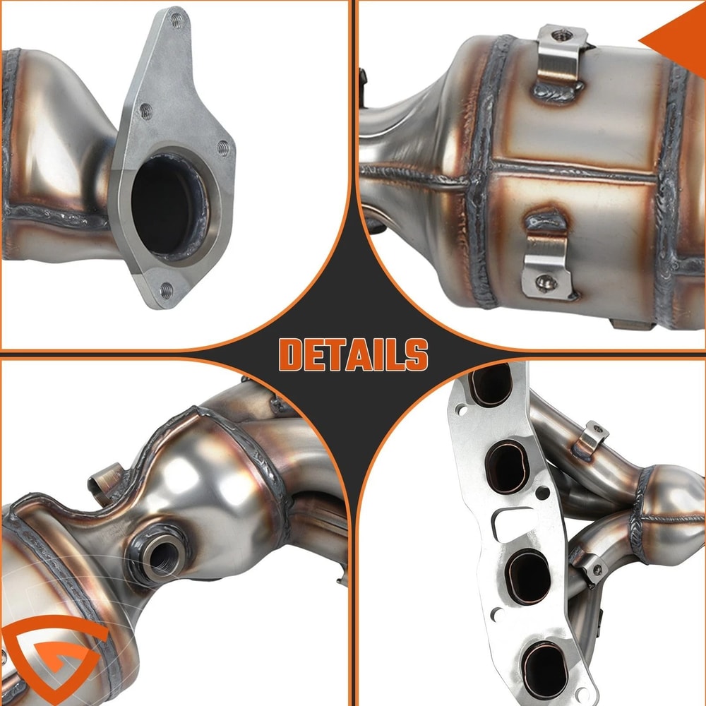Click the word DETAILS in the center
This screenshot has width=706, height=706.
[353, 354]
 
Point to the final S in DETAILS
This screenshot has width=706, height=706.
[417, 354]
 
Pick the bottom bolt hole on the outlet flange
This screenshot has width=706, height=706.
[166, 289]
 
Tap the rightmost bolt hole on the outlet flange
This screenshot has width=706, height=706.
[222, 148]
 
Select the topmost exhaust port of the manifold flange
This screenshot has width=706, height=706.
[493, 385]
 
